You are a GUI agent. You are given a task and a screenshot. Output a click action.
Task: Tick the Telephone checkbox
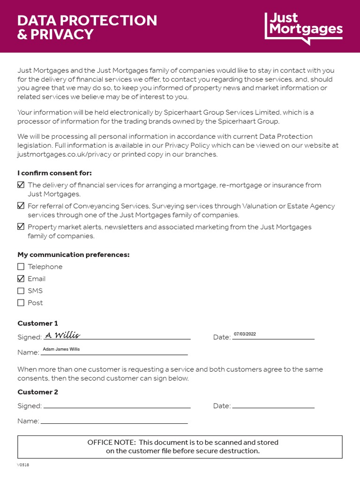pos(21,267)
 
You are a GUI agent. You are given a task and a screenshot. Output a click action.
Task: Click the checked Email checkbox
pos(21,279)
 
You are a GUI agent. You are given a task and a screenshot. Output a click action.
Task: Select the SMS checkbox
pos(21,291)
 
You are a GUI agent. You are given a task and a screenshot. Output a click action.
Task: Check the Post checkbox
pos(21,303)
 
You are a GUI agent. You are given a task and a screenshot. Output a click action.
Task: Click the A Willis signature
pos(62,335)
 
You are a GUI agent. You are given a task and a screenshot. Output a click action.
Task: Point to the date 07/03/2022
pos(245,334)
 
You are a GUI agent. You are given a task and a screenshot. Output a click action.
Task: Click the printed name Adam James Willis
pos(61,349)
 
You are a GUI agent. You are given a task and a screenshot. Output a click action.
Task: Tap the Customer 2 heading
pos(38,392)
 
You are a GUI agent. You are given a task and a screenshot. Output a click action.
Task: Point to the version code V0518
pos(23,465)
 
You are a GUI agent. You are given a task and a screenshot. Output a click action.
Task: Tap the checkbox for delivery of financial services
pos(21,185)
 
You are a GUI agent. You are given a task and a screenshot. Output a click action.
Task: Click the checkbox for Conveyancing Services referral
pos(21,206)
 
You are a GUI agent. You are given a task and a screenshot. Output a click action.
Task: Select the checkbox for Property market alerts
pos(21,226)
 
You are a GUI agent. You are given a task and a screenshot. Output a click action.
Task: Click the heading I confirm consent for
pos(54,173)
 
